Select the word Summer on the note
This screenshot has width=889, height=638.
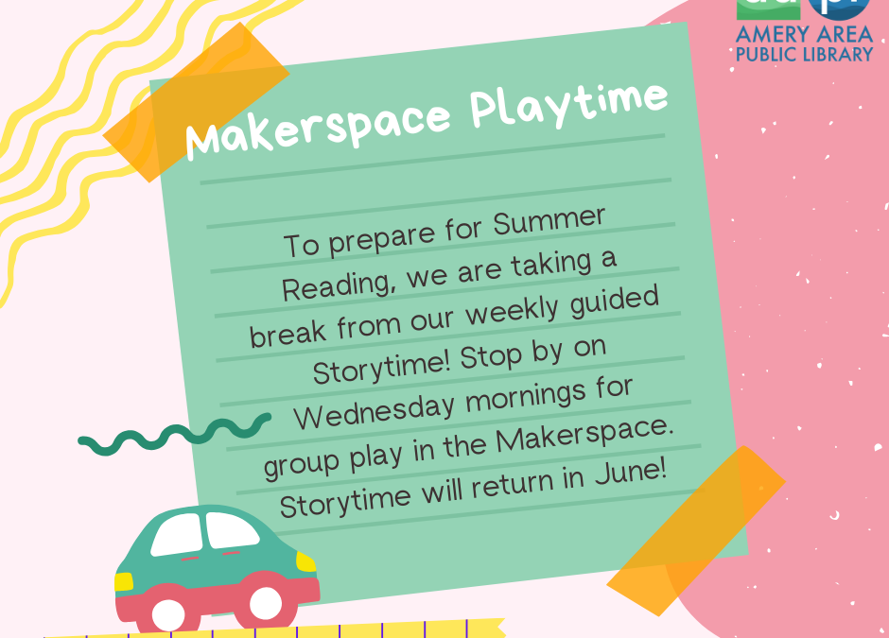point(549,222)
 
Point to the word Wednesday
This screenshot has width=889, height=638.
point(375,412)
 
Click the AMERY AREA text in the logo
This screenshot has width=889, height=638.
point(804,35)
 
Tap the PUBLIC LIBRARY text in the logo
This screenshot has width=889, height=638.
point(804,55)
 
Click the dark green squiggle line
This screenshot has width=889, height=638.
point(174,434)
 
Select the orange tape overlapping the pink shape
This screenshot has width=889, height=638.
point(696,531)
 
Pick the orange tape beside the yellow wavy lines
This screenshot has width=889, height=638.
point(196,102)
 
